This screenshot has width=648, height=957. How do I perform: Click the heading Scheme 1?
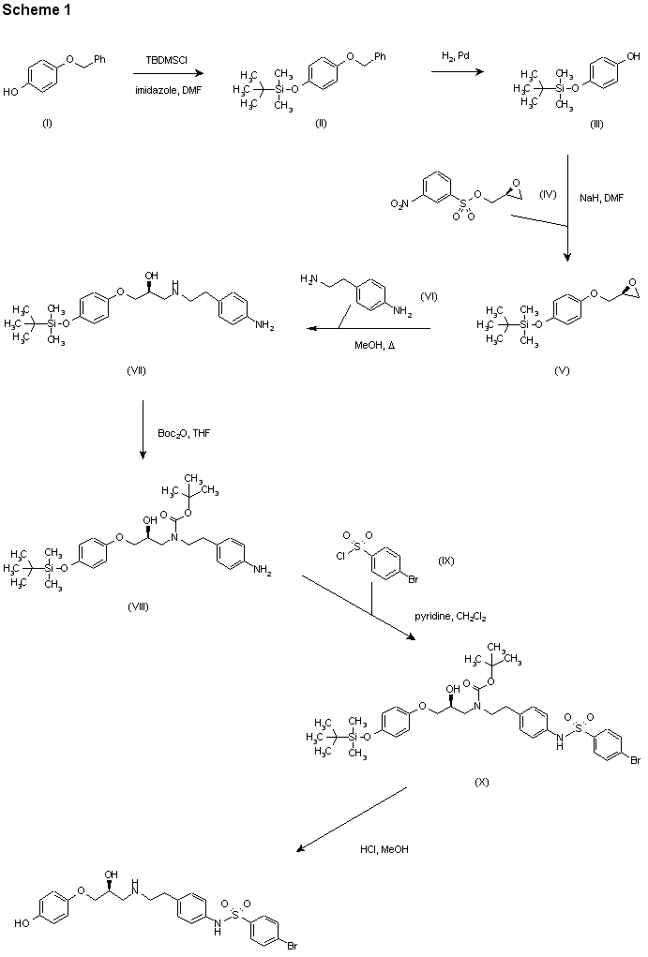36,10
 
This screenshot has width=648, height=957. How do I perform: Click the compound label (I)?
47,125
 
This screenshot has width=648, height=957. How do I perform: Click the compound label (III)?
596,125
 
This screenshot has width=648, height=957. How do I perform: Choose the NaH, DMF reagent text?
601,197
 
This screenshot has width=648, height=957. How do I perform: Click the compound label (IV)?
548,194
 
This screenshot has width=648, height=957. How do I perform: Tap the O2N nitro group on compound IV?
399,202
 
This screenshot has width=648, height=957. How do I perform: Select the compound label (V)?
562,369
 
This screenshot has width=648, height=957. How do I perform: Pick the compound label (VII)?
137,370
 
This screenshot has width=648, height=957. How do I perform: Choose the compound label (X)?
483,781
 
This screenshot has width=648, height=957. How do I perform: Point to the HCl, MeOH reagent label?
384,849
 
